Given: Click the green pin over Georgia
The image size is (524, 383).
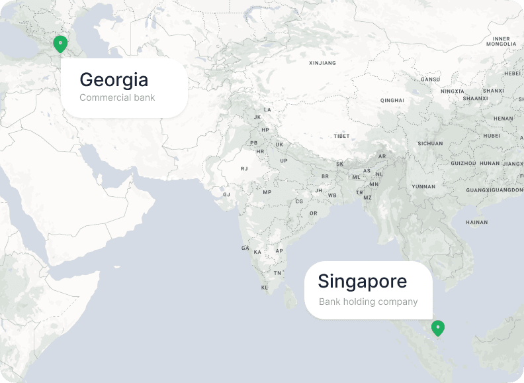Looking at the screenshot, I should (x=60, y=44).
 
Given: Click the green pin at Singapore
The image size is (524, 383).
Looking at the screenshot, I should (x=437, y=327).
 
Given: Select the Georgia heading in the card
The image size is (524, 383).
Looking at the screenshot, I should (x=114, y=80).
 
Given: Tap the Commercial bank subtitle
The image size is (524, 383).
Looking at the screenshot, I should (x=117, y=97).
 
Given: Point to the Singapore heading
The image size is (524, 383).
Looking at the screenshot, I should (x=362, y=282).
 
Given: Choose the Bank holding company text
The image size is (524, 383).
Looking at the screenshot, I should (x=368, y=301).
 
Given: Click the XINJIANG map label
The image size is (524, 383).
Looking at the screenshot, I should (x=322, y=63).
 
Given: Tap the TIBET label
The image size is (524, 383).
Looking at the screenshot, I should (x=341, y=136).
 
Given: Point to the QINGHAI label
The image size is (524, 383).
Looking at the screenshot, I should (x=392, y=100).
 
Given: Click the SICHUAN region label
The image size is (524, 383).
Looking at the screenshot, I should (x=430, y=143).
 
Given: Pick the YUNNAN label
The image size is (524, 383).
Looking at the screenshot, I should (x=423, y=186).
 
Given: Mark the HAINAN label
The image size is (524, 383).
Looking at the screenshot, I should (x=476, y=222).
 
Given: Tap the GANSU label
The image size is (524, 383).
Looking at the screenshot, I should (x=430, y=80).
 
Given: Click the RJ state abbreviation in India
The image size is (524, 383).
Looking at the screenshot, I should (x=244, y=168).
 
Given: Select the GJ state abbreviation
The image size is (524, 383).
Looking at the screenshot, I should (x=226, y=195).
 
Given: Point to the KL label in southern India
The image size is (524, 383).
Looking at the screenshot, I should (x=265, y=288).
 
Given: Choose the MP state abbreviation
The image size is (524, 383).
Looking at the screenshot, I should (x=267, y=192).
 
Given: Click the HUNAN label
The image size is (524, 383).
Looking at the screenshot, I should (x=490, y=163).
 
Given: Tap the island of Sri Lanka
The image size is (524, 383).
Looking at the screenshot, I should (x=289, y=297).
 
